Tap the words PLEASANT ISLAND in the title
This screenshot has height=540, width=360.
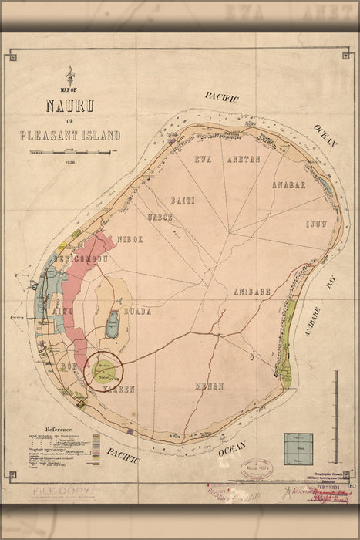71,136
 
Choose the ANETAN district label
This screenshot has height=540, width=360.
242,159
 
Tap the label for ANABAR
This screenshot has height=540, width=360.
289,185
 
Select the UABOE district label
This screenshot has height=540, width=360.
160,218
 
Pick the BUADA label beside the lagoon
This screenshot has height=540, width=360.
136,312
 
